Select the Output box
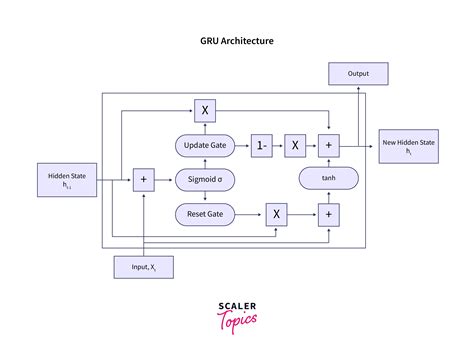(358, 73)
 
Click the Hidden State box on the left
(67, 180)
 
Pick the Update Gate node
(204, 146)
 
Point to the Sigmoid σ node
(204, 180)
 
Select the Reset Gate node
(204, 213)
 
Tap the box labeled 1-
(261, 146)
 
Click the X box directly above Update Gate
(204, 110)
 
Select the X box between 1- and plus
(295, 146)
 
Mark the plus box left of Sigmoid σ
(144, 180)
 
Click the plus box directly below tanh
(328, 213)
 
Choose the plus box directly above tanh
(328, 146)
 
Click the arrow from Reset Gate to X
(250, 213)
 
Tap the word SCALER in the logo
(237, 309)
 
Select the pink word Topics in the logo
(237, 321)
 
